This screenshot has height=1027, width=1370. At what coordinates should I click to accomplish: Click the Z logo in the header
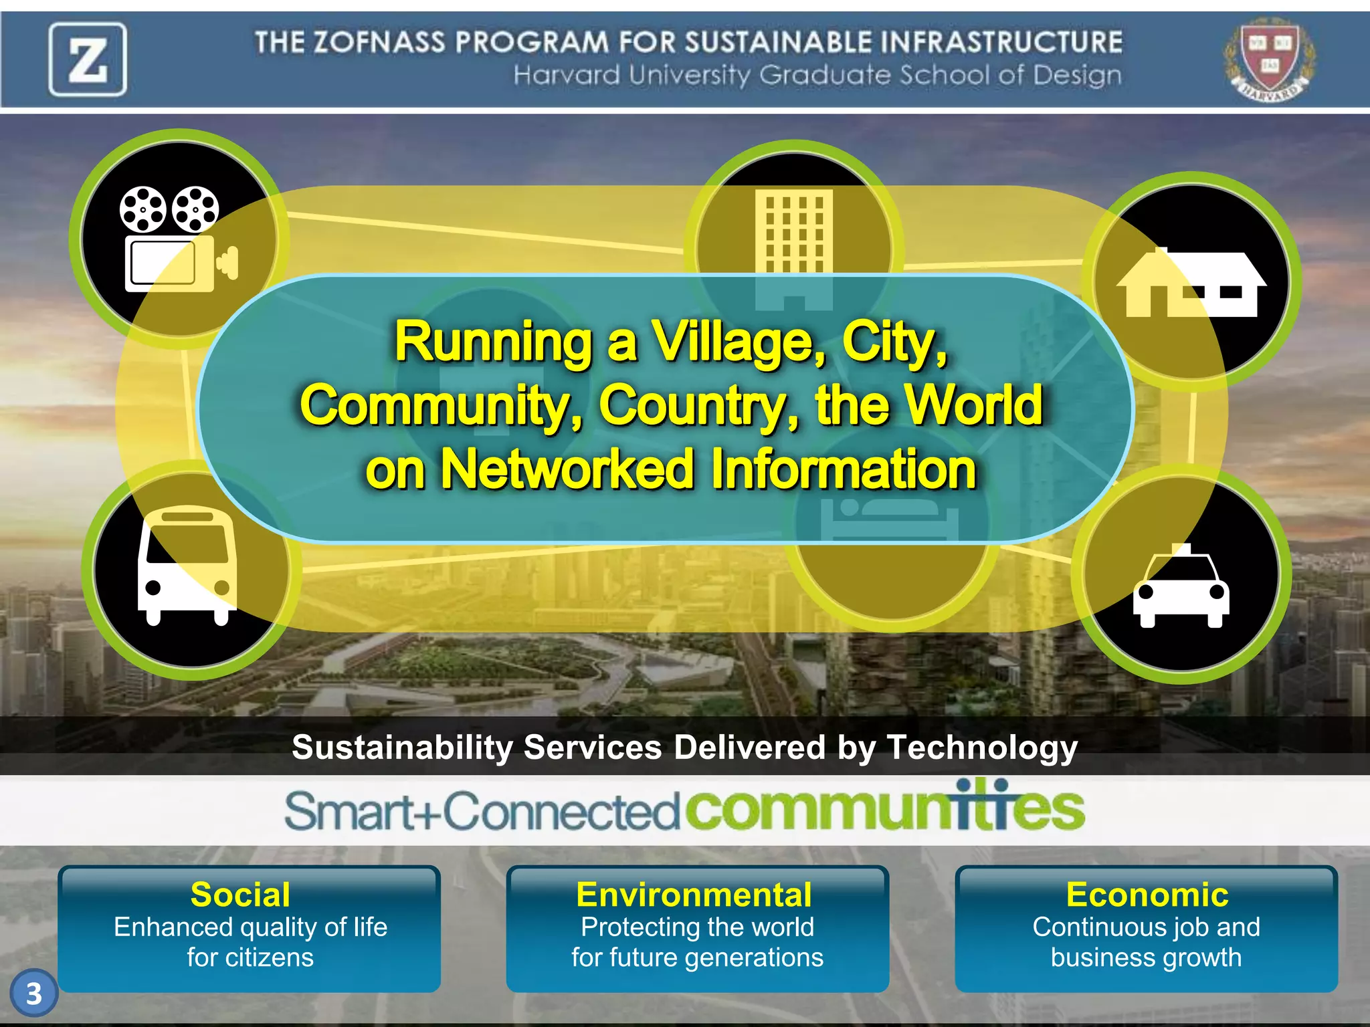point(88,60)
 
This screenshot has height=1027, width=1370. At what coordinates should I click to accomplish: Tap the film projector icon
point(179,239)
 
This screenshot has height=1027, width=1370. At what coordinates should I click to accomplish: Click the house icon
point(1191,283)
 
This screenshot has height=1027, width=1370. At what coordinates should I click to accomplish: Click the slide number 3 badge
point(34,994)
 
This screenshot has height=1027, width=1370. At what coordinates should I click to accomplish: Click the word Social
point(241,895)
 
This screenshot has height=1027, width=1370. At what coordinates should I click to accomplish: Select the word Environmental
point(694,895)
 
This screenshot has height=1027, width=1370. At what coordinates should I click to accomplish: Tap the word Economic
point(1147,895)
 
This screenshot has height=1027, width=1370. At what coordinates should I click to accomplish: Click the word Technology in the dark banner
point(982,748)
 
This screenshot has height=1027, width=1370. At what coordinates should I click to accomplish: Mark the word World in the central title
point(974,405)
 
